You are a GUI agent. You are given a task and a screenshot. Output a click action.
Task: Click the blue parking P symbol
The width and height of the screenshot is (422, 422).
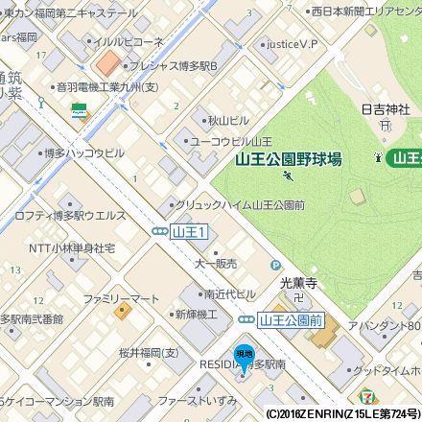point(275,265)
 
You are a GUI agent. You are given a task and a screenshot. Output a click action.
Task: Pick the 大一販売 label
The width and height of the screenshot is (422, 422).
point(216,263)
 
